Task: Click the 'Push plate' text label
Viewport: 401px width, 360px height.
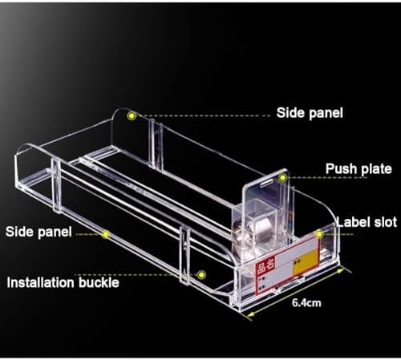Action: point(358,169)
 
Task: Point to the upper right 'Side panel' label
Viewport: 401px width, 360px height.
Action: point(310,113)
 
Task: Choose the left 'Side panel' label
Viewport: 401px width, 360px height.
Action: point(38,231)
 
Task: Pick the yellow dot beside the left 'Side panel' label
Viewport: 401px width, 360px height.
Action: point(106,234)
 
